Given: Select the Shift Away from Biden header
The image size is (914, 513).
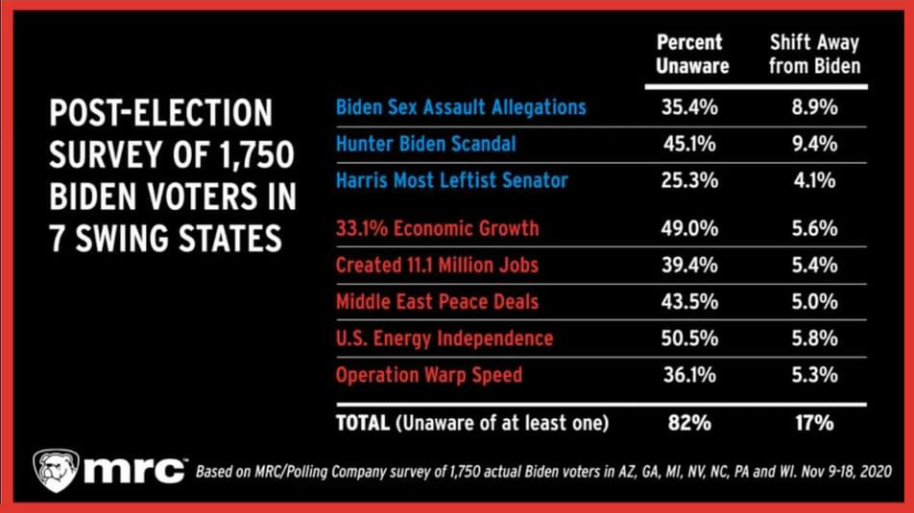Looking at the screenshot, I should (815, 55).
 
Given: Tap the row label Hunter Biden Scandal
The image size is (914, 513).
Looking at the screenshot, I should (425, 144).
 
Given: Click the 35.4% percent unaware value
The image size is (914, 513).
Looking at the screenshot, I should (690, 106).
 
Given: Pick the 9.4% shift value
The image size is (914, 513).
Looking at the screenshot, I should (816, 144).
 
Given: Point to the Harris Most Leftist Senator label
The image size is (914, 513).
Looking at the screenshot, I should (451, 180).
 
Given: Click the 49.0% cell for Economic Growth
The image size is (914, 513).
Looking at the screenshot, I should (690, 228).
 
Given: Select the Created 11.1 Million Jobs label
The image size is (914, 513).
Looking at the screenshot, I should (437, 265).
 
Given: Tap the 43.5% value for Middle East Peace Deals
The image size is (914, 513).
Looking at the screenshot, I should (690, 301).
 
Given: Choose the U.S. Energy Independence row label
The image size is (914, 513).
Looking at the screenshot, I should (444, 338).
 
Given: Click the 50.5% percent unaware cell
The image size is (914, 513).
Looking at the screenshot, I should (690, 338).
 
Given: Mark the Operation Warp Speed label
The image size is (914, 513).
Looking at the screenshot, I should (428, 374).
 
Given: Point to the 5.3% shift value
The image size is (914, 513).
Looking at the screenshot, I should (816, 374).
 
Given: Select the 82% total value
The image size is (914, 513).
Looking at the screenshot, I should (690, 422).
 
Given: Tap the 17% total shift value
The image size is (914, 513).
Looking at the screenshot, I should (816, 422).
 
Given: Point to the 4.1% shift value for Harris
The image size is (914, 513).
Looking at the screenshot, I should (816, 180).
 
